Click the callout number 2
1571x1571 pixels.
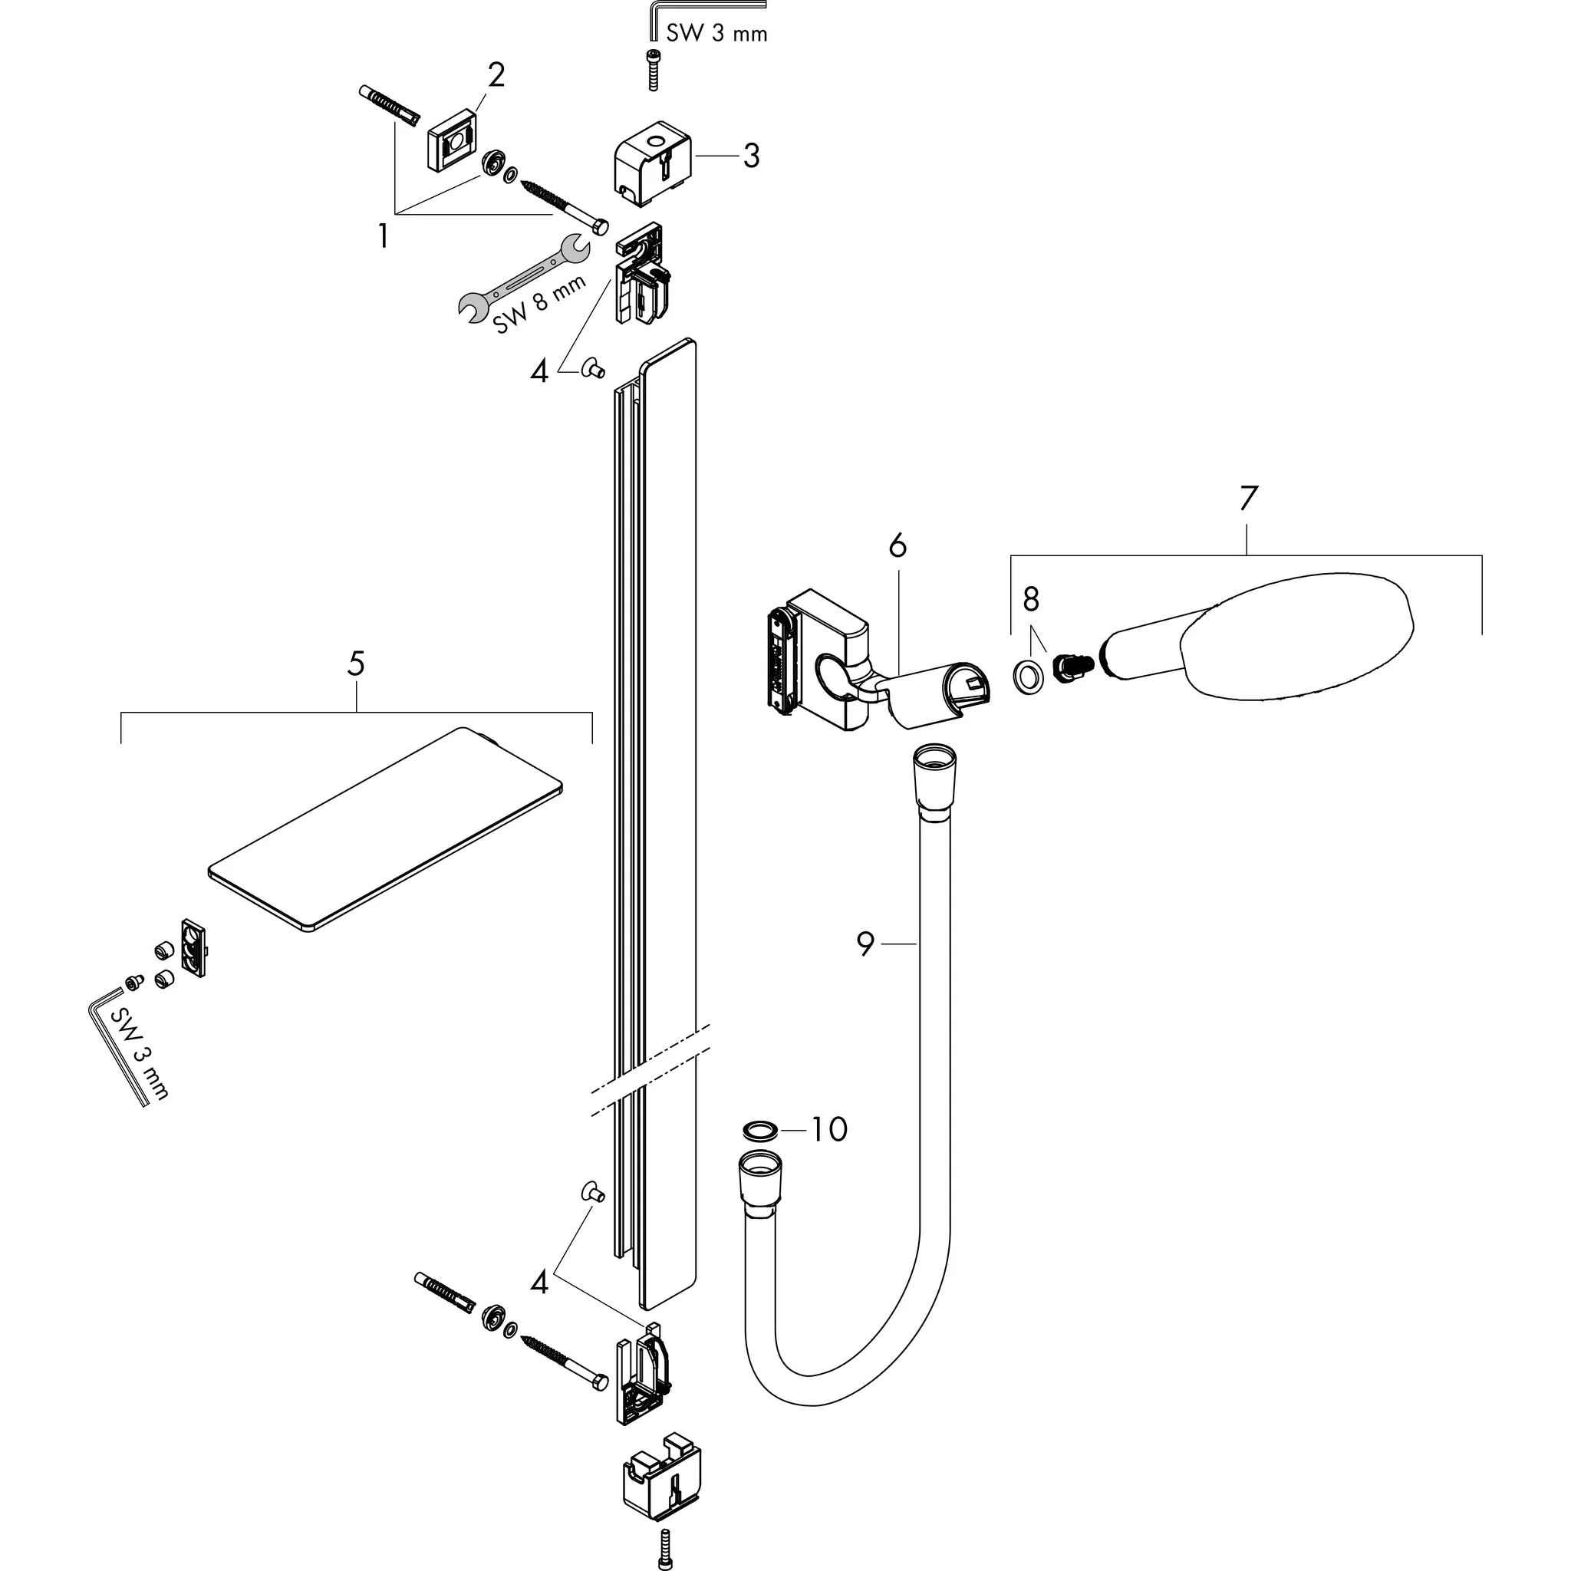[x=496, y=75]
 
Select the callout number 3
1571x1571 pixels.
[x=750, y=155]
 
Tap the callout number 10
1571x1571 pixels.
[x=829, y=1128]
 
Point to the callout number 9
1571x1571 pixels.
[x=865, y=944]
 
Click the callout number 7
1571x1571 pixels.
[x=1248, y=498]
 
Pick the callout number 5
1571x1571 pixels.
[x=355, y=664]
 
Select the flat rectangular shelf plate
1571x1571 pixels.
[x=385, y=829]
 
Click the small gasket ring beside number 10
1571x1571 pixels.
[x=760, y=1130]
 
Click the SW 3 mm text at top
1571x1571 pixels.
[x=716, y=33]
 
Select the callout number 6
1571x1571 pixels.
[x=897, y=545]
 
